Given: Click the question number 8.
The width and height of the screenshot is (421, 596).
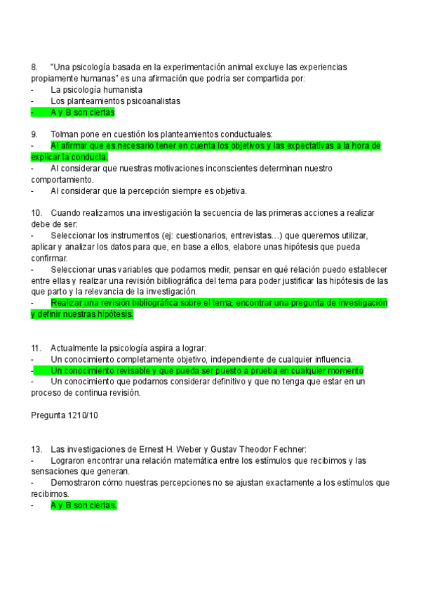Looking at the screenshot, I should click(x=34, y=67).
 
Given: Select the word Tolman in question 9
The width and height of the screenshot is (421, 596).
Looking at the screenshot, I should click(x=65, y=134).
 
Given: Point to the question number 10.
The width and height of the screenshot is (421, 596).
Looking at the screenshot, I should click(x=37, y=213).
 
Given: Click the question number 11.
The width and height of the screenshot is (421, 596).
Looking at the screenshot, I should click(x=37, y=348).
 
